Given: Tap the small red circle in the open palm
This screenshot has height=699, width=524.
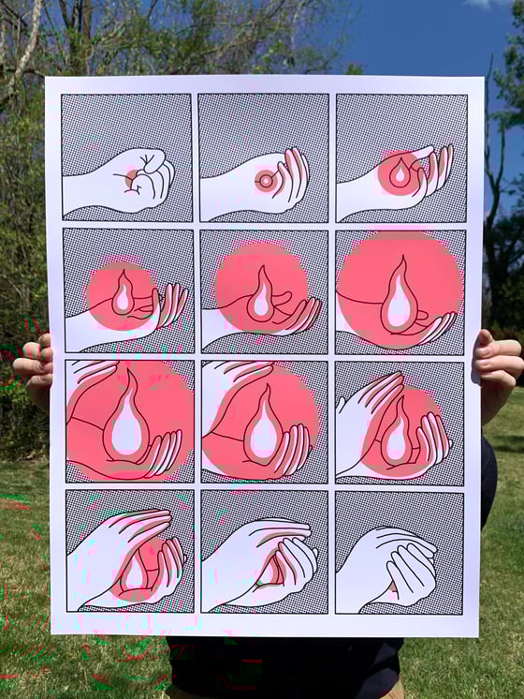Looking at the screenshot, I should tap(266, 180).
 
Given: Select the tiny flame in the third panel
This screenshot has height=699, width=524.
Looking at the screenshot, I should tap(400, 174).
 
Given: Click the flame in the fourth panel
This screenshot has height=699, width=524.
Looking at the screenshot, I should tap(124, 294).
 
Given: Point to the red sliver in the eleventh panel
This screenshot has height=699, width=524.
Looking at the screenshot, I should tap(272, 570).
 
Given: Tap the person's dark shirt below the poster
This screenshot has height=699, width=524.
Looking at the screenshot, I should tap(281, 667).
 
